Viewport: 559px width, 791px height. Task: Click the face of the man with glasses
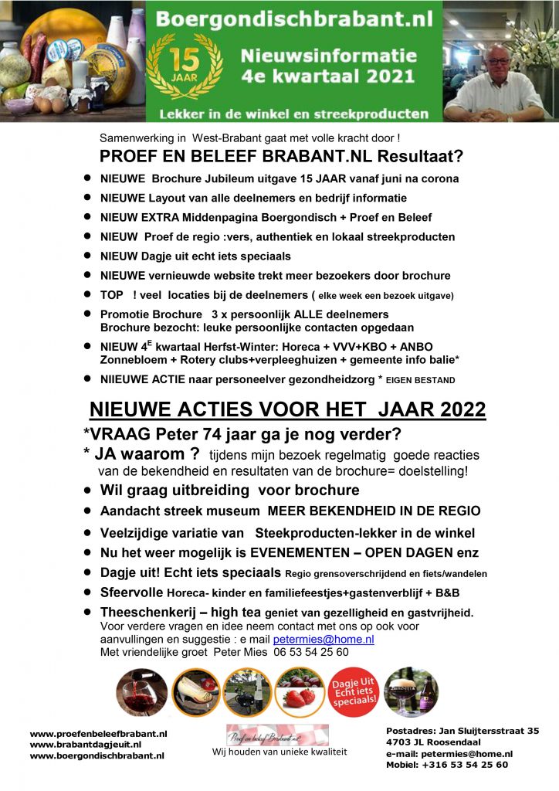(x=497, y=66)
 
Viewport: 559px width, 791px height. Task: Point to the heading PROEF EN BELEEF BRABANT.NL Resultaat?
(x=281, y=157)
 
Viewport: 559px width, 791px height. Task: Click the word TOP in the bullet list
(x=113, y=294)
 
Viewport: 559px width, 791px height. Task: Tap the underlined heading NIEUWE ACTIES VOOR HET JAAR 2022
(x=288, y=410)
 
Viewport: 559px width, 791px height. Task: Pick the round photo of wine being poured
(x=141, y=693)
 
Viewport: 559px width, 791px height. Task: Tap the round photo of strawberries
(x=299, y=692)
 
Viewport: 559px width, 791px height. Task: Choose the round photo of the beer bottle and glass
(x=411, y=693)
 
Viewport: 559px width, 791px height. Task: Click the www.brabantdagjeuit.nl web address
(x=85, y=745)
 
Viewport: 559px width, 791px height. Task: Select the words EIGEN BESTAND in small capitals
(x=422, y=379)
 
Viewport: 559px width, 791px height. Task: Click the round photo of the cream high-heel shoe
(x=195, y=693)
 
